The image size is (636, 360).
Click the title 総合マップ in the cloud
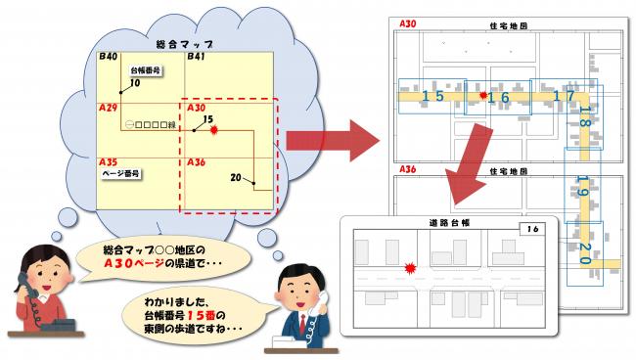pyautogui.click(x=185, y=45)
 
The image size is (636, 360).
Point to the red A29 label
pyautogui.click(x=109, y=107)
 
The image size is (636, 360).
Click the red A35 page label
pyautogui.click(x=109, y=160)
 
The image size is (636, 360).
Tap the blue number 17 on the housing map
pyautogui.click(x=563, y=96)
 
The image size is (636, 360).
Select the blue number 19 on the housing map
pyautogui.click(x=583, y=185)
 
